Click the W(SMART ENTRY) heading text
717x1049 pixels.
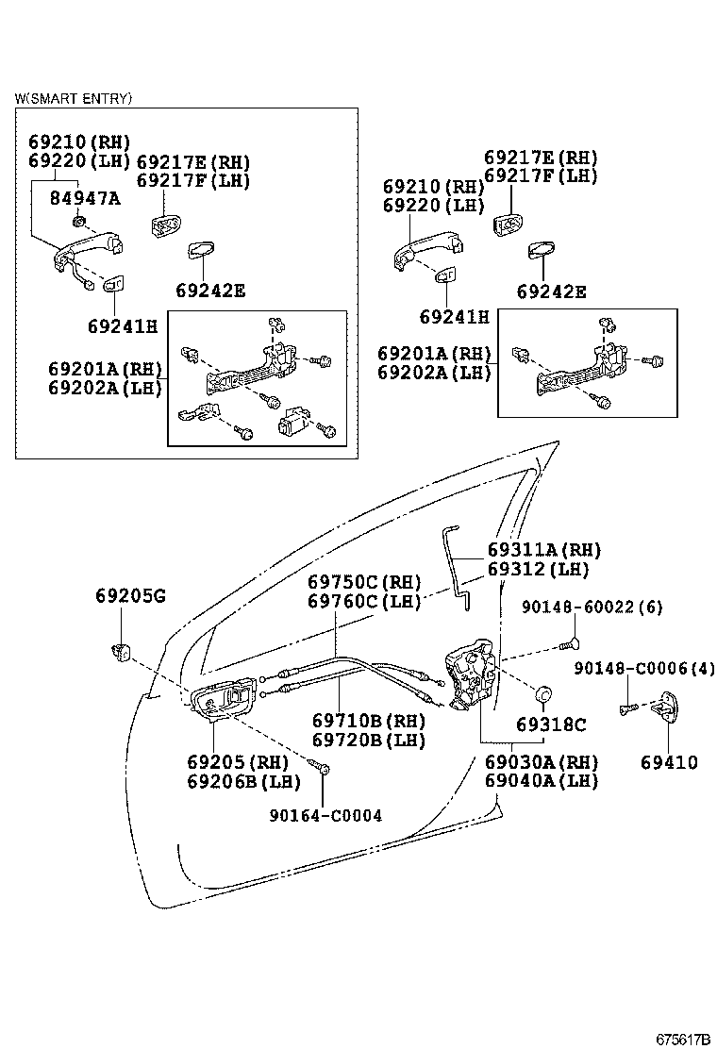(x=74, y=98)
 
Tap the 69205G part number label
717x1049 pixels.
(x=130, y=595)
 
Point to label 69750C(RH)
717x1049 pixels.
(x=364, y=582)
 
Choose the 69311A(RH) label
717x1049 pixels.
(x=544, y=550)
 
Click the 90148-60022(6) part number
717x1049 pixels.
(x=591, y=608)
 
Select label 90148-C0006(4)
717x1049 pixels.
(x=644, y=669)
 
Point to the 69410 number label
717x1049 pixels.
(x=668, y=762)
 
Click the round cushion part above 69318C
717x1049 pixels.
(x=543, y=694)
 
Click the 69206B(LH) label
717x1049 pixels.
(x=243, y=781)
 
